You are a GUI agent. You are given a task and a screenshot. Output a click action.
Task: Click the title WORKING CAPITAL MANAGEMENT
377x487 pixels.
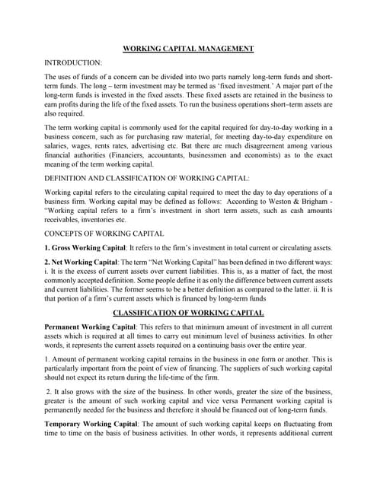[x=188, y=48]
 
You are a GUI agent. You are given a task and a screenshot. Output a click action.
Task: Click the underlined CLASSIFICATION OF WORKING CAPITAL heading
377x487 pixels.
[x=188, y=313]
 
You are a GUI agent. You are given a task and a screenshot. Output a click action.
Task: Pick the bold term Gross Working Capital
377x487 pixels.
[x=85, y=249]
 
